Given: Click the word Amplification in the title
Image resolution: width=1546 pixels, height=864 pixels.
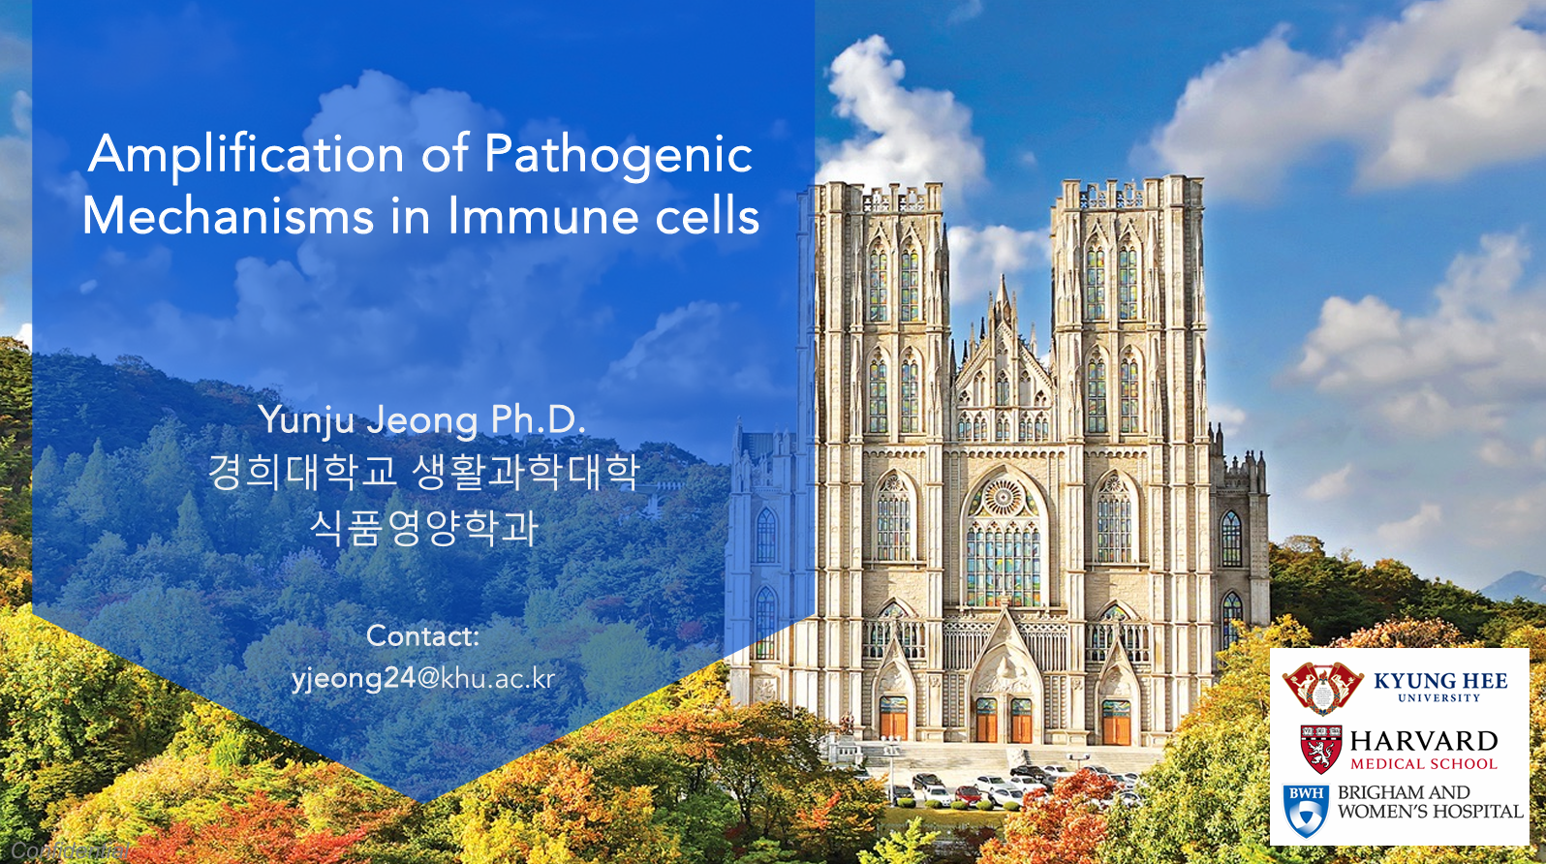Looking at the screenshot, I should tap(246, 155).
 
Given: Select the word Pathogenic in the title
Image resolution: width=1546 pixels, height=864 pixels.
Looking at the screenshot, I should tap(618, 155).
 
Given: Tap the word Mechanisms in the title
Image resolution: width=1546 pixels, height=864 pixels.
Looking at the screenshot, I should tap(228, 216).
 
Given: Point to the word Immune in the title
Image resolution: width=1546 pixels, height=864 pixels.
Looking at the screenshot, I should tap(543, 216).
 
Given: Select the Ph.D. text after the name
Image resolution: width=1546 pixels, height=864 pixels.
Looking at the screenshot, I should tap(538, 419).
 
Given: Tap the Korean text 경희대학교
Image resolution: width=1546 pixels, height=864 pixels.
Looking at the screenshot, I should tap(303, 472).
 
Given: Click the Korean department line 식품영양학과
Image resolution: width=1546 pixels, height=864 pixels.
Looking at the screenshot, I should tap(423, 528).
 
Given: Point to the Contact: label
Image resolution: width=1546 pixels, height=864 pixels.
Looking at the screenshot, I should tap(422, 635).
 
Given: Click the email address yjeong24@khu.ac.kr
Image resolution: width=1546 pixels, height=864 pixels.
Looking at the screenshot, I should tap(423, 678).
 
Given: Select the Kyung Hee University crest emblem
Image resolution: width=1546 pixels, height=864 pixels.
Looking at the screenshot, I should tap(1322, 687).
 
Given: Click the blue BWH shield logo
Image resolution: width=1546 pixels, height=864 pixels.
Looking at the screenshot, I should tap(1306, 810).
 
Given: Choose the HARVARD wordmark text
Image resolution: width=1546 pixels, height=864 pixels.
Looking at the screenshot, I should tap(1424, 741).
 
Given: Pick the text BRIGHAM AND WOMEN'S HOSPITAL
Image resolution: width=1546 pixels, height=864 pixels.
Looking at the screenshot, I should tap(1430, 802).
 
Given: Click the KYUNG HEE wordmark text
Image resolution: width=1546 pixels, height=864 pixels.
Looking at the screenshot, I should tap(1440, 681).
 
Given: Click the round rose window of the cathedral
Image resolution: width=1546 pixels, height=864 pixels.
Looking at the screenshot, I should tap(1003, 498).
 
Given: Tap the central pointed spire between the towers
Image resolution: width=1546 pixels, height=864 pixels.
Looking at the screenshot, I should tap(1004, 300).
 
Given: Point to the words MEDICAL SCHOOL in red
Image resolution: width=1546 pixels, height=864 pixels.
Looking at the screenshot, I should tap(1424, 764).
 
